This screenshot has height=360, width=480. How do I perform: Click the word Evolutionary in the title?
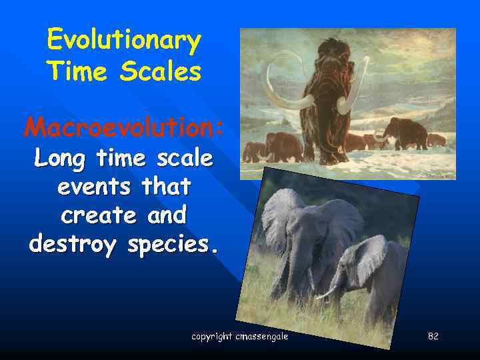click(x=124, y=41)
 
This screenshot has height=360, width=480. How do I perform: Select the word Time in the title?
click(x=75, y=71)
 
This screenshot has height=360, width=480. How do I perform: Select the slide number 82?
click(x=433, y=337)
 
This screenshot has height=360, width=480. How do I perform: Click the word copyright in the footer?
click(x=212, y=337)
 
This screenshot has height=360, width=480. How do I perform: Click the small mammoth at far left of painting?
click(x=254, y=151)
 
